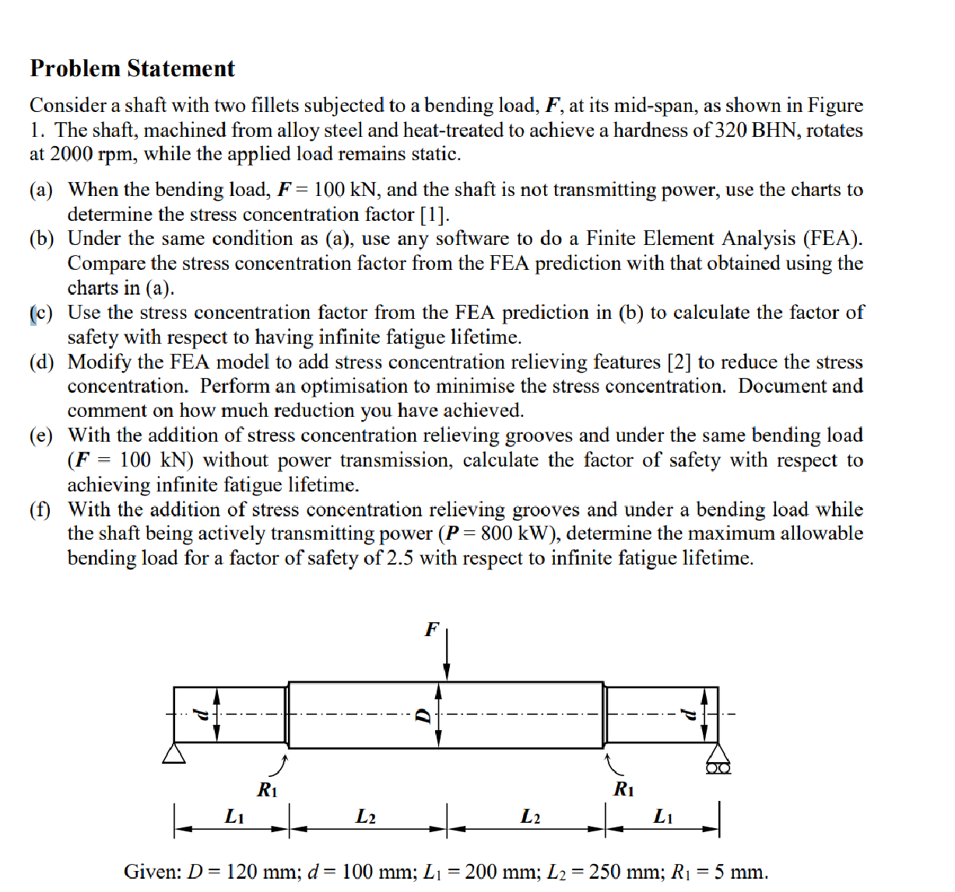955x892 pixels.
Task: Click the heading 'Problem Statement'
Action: click(x=132, y=68)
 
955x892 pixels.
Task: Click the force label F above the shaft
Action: click(x=431, y=629)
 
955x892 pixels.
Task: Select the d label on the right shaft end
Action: click(x=687, y=714)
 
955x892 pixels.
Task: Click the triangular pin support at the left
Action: click(x=174, y=753)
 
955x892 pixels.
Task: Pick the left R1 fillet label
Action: click(x=267, y=790)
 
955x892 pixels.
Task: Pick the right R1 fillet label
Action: click(x=623, y=789)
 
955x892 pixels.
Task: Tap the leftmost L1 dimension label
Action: click(x=234, y=816)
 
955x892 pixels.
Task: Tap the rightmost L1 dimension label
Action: click(x=663, y=816)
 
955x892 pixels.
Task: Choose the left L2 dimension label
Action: click(x=366, y=816)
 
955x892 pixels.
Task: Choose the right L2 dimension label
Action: click(x=530, y=816)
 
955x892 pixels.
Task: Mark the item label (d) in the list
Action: click(x=42, y=362)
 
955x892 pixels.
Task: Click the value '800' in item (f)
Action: click(x=497, y=533)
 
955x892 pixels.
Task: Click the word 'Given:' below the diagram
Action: click(x=153, y=871)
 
